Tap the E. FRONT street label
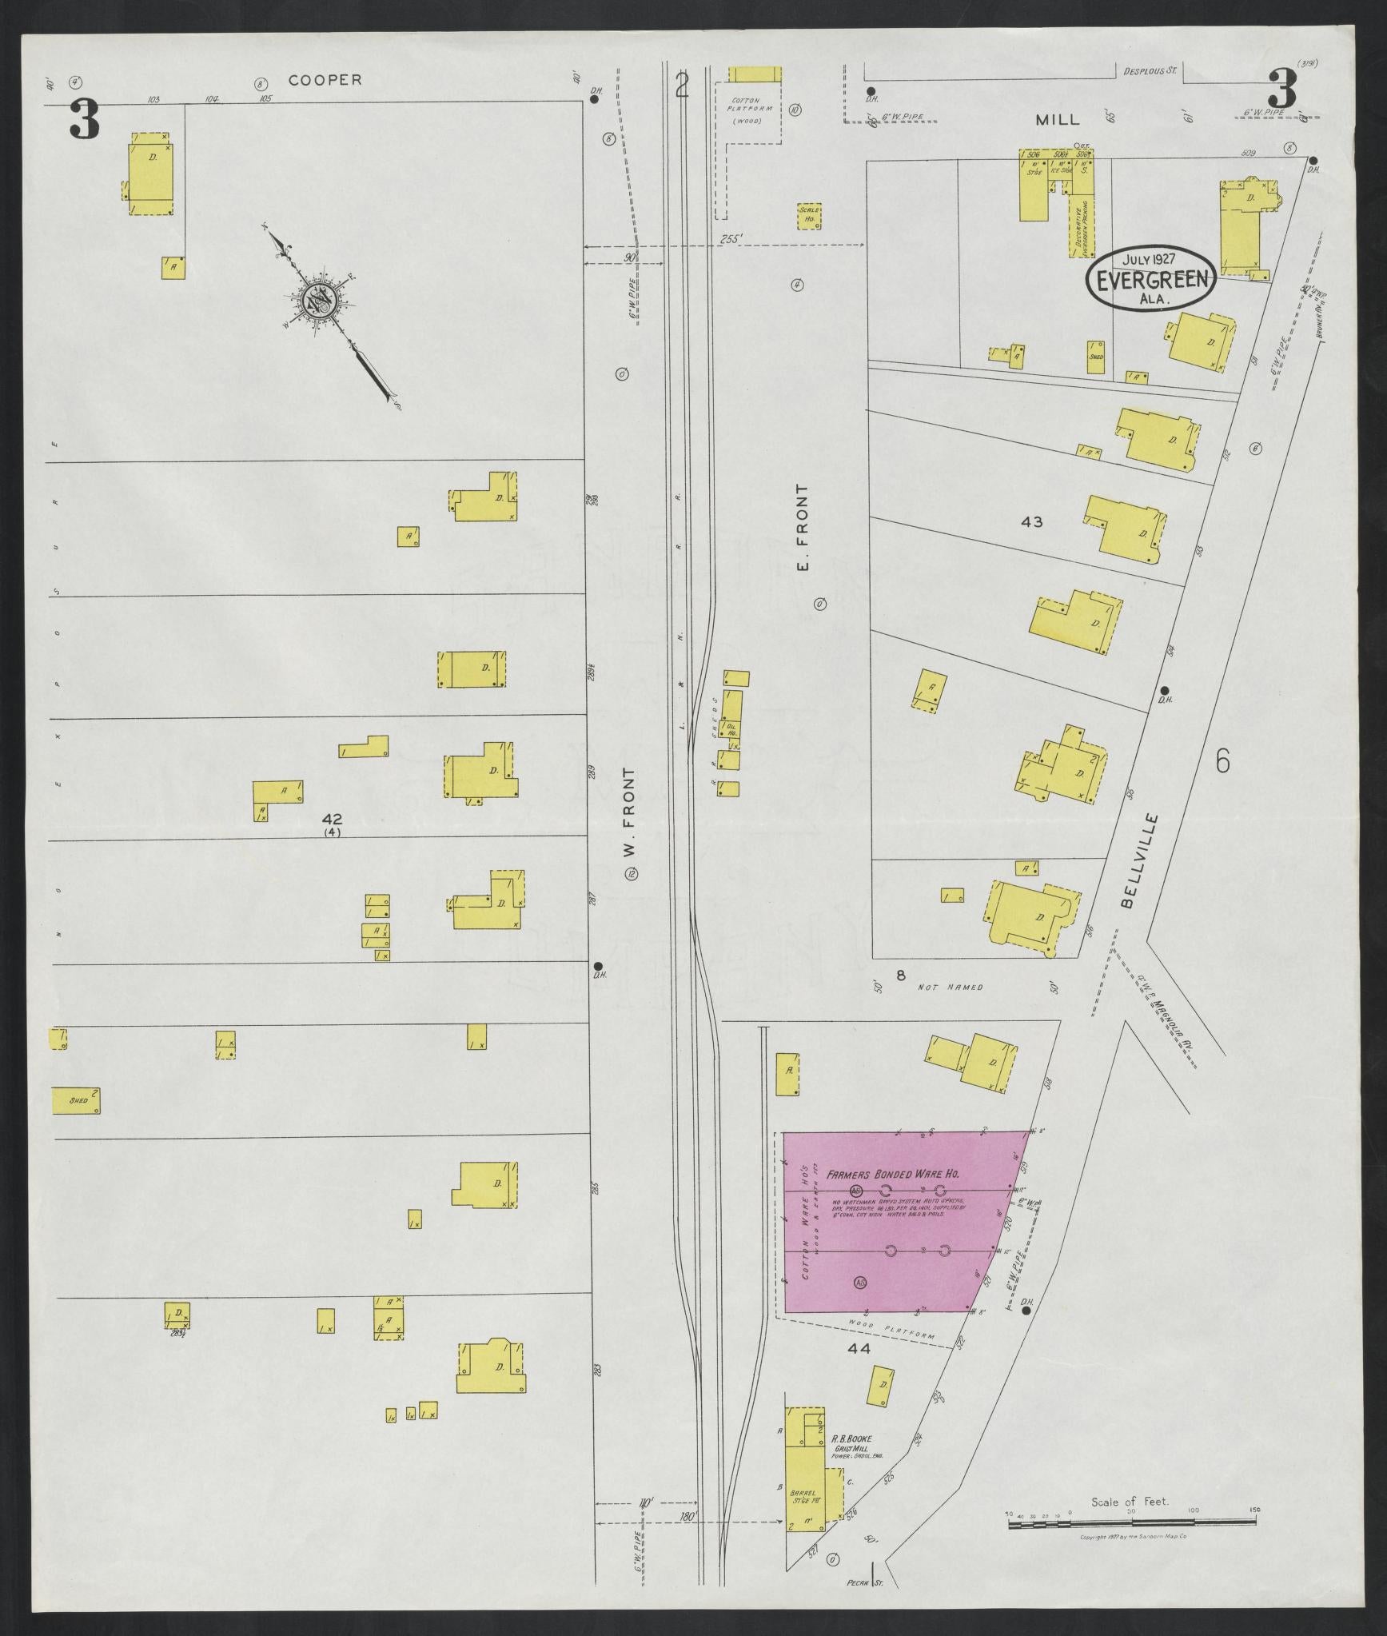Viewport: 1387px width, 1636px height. [x=803, y=528]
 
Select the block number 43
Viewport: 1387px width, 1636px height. [x=1031, y=522]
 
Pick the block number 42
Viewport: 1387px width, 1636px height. [x=333, y=819]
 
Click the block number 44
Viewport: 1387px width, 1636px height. [x=859, y=1349]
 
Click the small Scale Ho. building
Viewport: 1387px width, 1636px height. [x=809, y=216]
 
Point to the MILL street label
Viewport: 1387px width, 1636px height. [x=1057, y=120]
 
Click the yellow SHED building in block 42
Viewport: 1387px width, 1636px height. [x=76, y=1100]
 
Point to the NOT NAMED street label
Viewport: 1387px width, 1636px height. [x=950, y=988]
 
